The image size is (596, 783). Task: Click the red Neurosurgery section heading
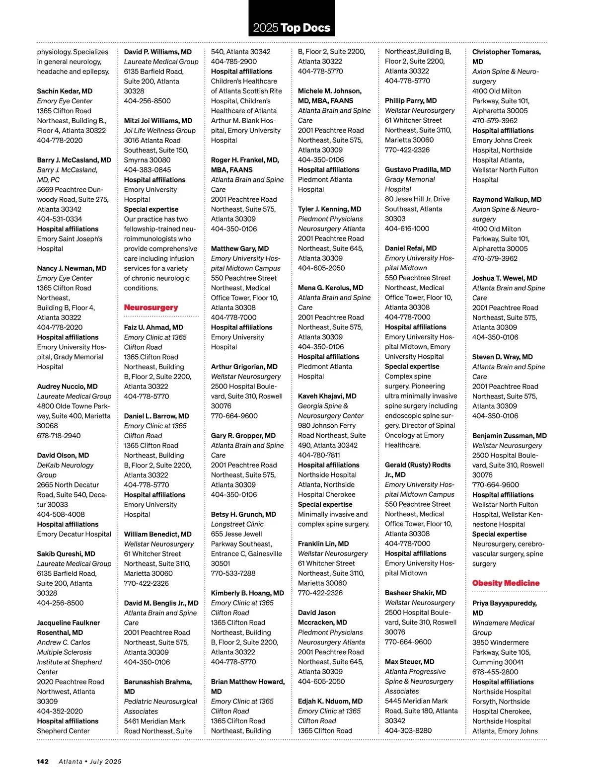151,308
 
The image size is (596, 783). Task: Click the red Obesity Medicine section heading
506,583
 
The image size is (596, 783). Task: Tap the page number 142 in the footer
43,761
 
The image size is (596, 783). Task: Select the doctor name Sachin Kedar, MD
65,91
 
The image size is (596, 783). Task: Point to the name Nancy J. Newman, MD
72,268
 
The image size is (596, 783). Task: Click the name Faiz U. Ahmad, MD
153,327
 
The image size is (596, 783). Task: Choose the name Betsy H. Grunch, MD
243,514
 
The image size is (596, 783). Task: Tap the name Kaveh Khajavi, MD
327,396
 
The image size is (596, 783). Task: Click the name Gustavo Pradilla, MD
418,169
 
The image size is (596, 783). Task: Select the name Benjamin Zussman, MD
509,436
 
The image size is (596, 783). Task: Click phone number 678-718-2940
59,436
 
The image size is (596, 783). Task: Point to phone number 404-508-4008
61,514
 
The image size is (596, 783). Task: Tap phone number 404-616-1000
407,229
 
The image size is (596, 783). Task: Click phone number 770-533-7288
233,573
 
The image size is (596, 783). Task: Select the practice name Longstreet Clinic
237,524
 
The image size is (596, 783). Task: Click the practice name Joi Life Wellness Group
159,131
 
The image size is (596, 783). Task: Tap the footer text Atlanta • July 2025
90,761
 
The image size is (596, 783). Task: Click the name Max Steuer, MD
409,662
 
